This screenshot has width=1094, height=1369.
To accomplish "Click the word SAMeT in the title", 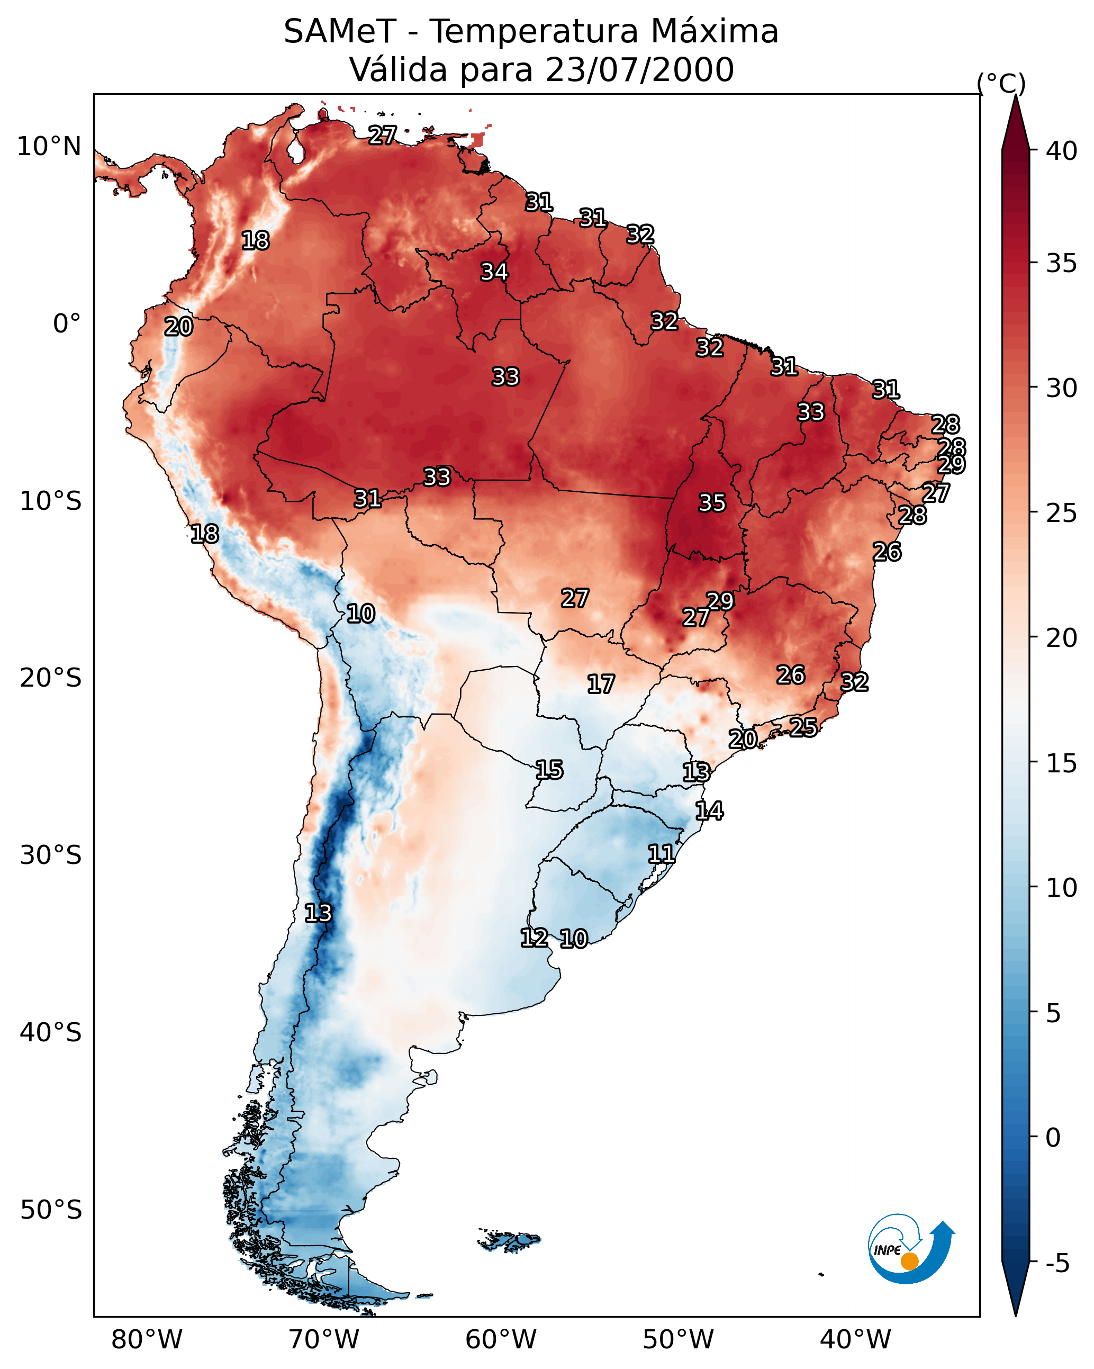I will [x=340, y=32].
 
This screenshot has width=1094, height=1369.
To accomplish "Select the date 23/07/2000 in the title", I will [x=639, y=70].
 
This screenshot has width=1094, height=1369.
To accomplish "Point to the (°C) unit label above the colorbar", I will [x=1001, y=83].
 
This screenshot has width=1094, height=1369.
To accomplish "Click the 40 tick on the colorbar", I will [x=1062, y=151].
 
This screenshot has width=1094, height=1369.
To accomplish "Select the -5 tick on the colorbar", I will [x=1057, y=1264].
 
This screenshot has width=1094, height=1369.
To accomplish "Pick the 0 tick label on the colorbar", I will [x=1053, y=1138].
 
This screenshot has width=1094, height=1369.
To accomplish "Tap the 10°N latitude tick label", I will [x=49, y=147].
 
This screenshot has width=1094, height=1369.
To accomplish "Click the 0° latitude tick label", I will [x=67, y=324].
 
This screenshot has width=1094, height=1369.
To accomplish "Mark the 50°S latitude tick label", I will [x=51, y=1210].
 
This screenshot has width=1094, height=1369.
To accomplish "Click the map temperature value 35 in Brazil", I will [x=712, y=503].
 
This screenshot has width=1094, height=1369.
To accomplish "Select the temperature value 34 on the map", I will [x=494, y=272].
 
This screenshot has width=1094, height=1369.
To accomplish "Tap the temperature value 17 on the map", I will [x=600, y=684].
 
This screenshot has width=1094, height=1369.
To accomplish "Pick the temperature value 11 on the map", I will [x=661, y=854].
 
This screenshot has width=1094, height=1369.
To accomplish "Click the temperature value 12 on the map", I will [x=534, y=938].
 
